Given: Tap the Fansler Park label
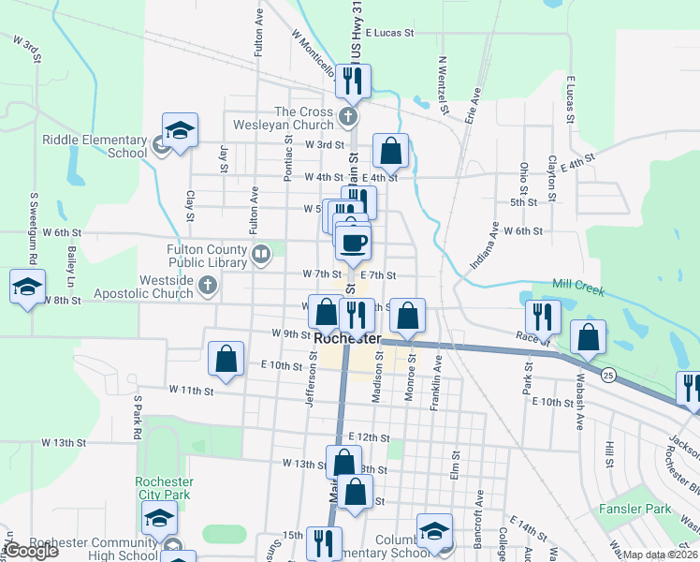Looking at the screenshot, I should tap(645, 509).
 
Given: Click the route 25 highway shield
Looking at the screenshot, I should tap(608, 375).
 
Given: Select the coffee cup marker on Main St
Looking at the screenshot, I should tap(353, 244).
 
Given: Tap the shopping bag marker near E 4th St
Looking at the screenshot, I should tap(390, 150).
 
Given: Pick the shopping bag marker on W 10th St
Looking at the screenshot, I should tap(226, 358).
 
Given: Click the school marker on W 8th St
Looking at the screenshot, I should tap(27, 287).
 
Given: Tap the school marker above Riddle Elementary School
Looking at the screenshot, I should tap(181, 129).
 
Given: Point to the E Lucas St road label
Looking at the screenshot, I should tap(390, 32).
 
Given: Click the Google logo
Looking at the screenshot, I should tap(33, 551).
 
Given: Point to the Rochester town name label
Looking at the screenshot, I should tap(348, 338).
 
